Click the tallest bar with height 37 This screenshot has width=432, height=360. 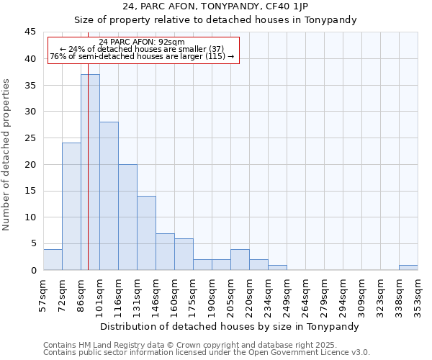[90, 172]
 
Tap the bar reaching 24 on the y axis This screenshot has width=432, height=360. [71, 207]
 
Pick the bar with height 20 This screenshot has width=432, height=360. [127, 217]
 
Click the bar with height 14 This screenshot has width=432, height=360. [146, 233]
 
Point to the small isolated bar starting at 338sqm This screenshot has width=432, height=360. [408, 267]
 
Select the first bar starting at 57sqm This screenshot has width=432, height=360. [53, 259]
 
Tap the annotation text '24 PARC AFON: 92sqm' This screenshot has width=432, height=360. [142, 42]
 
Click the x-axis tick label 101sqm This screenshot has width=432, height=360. [99, 294]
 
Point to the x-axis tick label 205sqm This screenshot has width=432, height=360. [230, 294]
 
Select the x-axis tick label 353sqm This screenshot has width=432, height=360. [418, 294]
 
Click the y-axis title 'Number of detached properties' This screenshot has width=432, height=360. [7, 155]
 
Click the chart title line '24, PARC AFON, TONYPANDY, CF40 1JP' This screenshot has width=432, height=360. [215, 6]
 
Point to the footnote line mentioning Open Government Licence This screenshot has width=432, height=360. [207, 352]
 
